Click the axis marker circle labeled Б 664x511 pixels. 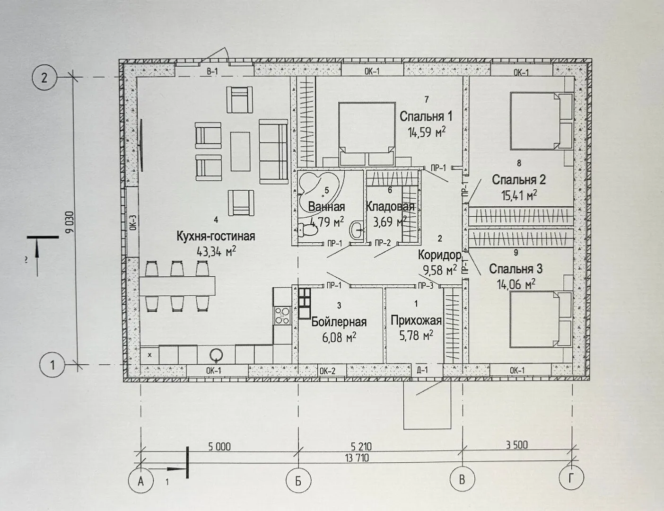[x=298, y=481]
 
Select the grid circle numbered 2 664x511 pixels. [x=44, y=78]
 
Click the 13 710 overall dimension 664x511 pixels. [x=357, y=458]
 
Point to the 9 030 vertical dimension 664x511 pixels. [x=70, y=222]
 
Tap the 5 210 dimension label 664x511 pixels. [x=361, y=447]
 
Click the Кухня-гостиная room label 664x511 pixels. [x=216, y=236]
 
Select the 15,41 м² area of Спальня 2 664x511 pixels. [x=519, y=195]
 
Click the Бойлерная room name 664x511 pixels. [x=339, y=322]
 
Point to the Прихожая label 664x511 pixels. [x=416, y=320]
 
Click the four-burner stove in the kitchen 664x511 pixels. [x=282, y=316]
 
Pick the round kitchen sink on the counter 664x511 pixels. [x=216, y=355]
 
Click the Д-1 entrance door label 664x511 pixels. [x=422, y=370]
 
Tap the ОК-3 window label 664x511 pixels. [x=132, y=222]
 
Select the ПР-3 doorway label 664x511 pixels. [x=426, y=286]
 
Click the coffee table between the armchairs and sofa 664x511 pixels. [x=240, y=151]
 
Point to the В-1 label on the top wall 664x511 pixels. [x=212, y=72]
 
